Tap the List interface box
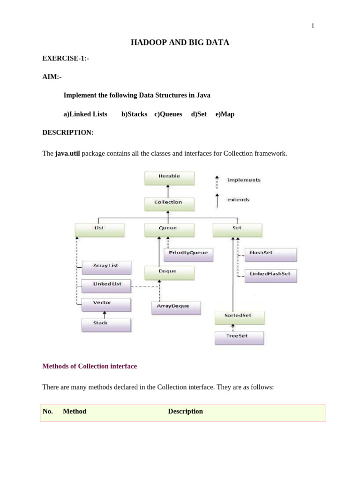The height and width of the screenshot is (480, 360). pos(99,230)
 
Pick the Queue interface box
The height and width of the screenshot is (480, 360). pos(168,230)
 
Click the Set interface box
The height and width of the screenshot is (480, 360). pos(237,230)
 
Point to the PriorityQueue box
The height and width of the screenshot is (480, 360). pos(188,254)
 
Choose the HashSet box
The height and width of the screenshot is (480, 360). pos(270,254)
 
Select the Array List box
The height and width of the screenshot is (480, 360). pos(106,267)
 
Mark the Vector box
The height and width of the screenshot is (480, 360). pos(106,304)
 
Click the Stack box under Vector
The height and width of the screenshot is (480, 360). pos(106,324)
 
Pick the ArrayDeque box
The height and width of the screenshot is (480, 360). pos(176,307)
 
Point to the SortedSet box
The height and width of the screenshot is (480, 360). pos(239,317)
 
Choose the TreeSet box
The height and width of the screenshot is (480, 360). pos(239,337)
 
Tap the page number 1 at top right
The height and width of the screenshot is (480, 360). pos(313,26)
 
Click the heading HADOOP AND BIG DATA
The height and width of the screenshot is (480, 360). pos(180,43)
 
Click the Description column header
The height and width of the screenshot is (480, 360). pos(185,412)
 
